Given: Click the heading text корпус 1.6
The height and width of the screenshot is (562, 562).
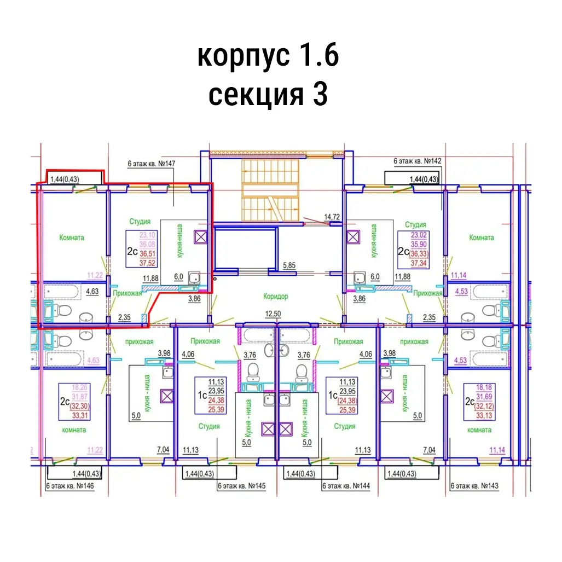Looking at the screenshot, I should click(268, 56).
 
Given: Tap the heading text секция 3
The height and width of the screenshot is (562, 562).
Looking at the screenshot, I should click(268, 94).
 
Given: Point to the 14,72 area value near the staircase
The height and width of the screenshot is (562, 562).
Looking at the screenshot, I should click(332, 217).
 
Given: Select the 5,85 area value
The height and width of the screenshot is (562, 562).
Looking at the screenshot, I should click(290, 266).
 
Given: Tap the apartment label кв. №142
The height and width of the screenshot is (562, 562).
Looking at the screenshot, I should click(418, 161).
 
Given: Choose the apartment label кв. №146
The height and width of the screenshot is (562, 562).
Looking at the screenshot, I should click(70, 486).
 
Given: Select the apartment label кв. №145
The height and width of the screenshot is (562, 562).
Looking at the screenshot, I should click(241, 486).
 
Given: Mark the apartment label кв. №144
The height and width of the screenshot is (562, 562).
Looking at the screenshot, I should click(346, 486).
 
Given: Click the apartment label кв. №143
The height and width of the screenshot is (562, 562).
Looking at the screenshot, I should click(474, 486).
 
